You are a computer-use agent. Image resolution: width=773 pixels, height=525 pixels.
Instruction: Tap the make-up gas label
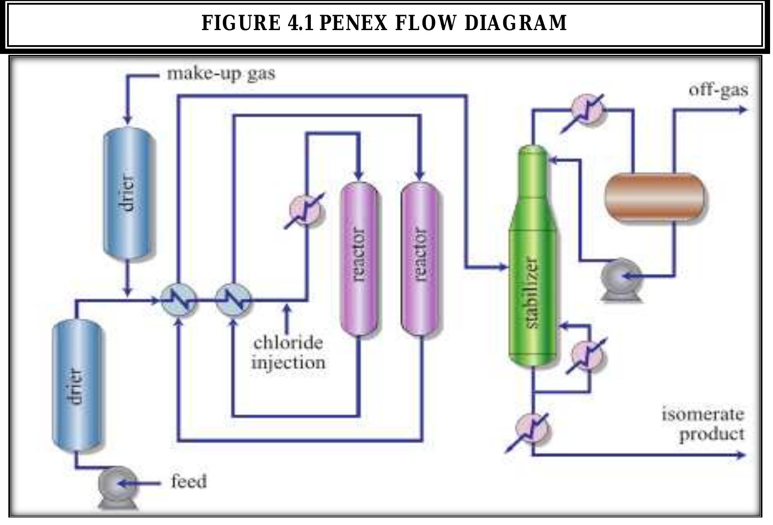pos(221,74)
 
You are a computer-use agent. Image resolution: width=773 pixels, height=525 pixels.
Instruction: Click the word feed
pos(189,482)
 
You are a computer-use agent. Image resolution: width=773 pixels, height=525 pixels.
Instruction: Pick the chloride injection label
pos(288,352)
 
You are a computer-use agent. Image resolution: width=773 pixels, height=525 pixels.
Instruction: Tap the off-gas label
pos(718,90)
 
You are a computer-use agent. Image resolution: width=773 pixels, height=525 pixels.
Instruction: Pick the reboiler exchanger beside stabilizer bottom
pos(587,355)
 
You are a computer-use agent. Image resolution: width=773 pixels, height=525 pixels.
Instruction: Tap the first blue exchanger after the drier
pos(179,300)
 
